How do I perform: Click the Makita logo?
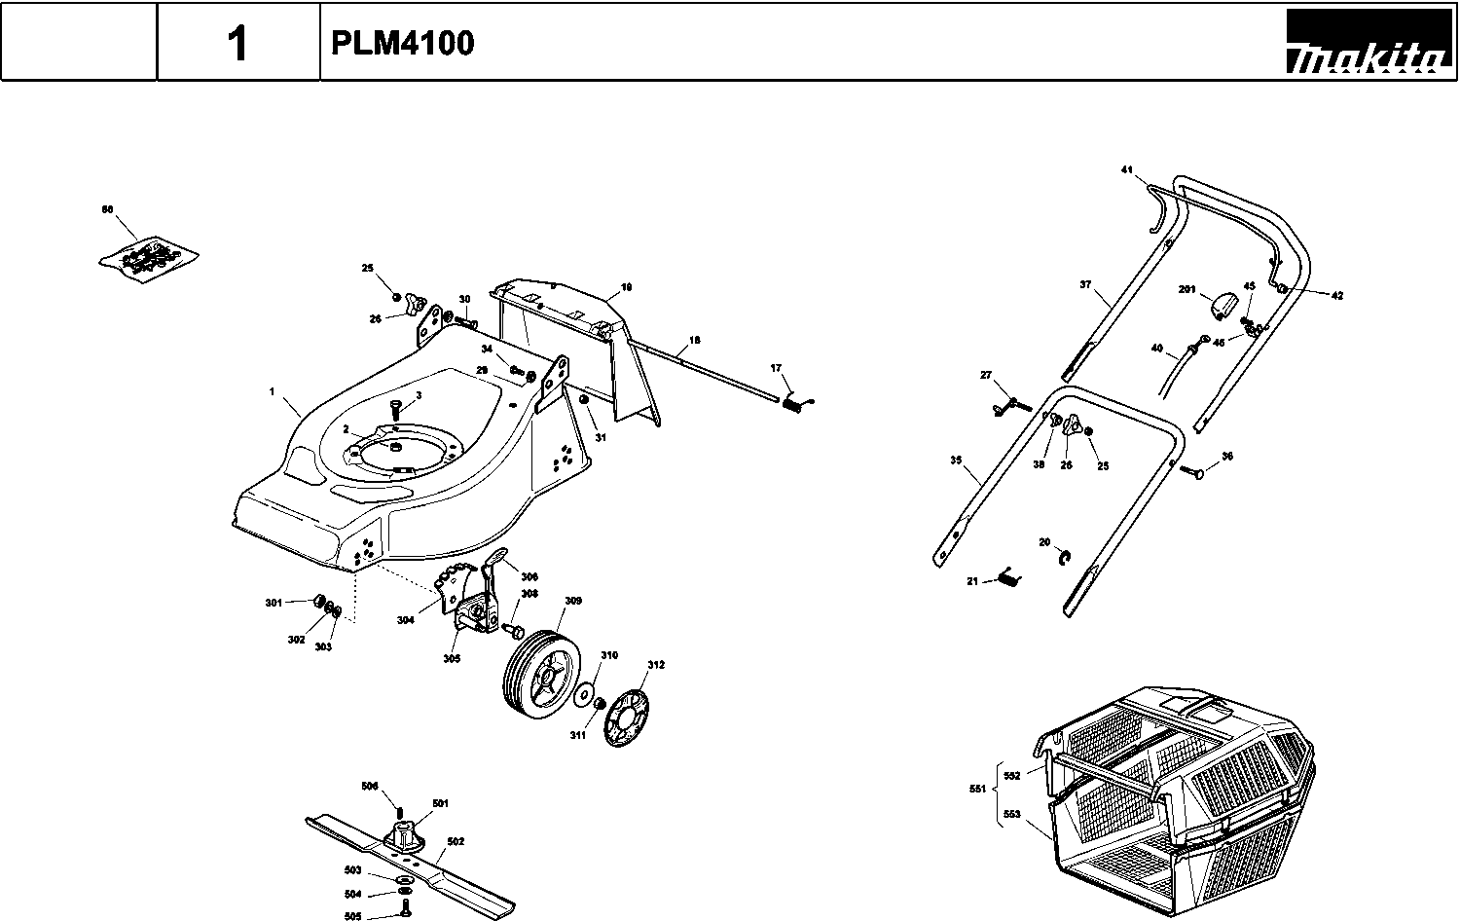1366,44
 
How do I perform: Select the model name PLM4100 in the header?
403,44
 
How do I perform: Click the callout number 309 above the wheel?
573,602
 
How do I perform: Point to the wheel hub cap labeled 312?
626,718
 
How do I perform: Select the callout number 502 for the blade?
456,842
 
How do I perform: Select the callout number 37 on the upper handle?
1085,285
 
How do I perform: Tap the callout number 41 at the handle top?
1127,170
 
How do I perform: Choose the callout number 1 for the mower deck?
272,391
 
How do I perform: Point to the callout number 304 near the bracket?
405,619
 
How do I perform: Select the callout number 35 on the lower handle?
956,460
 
